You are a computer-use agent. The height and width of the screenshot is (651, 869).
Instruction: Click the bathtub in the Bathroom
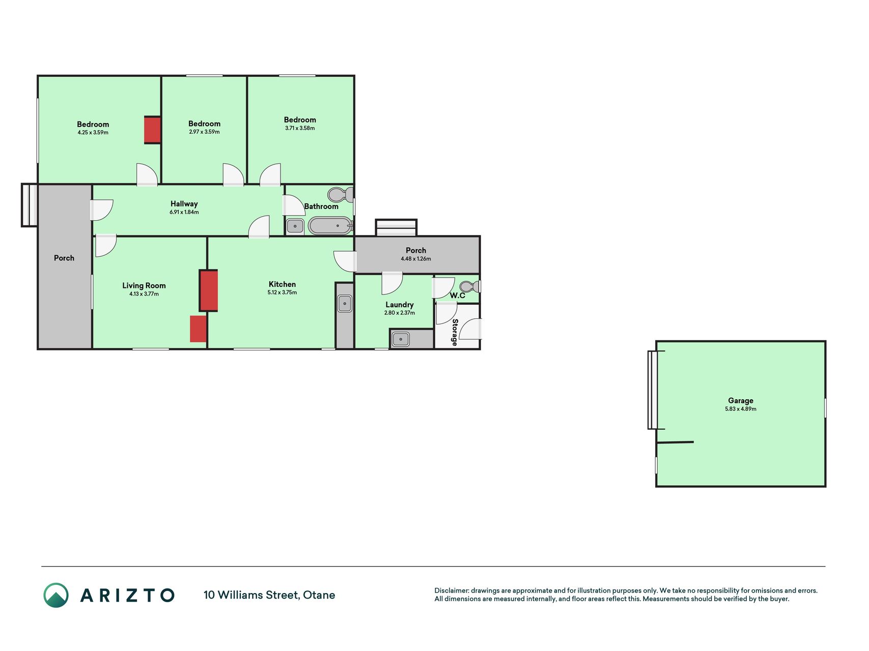330,225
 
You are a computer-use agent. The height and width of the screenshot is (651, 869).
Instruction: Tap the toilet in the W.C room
469,286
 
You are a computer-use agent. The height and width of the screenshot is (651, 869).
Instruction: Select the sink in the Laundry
401,339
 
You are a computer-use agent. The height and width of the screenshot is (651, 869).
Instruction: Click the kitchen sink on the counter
345,304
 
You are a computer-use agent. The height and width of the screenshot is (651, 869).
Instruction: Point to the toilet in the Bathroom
340,194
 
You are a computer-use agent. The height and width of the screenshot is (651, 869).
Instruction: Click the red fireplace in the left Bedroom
152,130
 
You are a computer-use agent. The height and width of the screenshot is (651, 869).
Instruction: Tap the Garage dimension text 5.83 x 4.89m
741,409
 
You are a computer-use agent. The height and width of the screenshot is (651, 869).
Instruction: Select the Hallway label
184,203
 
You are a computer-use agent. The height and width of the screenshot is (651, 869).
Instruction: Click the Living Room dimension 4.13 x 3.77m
144,294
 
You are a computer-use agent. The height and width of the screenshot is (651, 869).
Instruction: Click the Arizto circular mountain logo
56,595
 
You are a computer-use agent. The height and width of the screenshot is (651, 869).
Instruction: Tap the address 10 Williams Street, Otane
269,595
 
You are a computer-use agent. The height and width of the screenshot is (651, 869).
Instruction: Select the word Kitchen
282,284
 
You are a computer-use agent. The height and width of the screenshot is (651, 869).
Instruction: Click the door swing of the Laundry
392,283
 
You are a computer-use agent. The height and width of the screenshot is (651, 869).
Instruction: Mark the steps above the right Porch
396,227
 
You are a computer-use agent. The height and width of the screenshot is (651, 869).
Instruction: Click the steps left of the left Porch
29,205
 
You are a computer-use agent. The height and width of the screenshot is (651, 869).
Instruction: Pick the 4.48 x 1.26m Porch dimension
416,259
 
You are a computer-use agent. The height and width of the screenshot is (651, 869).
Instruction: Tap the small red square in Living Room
198,329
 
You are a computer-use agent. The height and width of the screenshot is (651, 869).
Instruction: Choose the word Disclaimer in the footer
451,590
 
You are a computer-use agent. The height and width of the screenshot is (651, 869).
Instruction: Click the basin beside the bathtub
295,226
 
